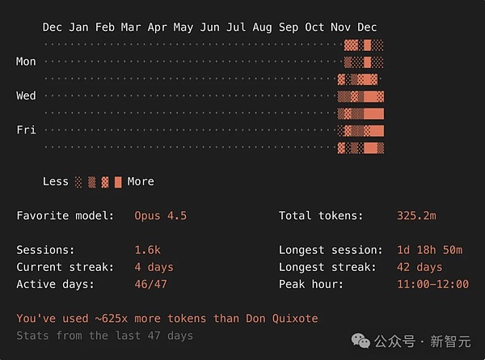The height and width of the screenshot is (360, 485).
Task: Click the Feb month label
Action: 104,28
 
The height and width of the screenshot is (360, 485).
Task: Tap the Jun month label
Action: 209,28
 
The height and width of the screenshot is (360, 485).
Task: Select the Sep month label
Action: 288,28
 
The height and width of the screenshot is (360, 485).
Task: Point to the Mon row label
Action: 26,61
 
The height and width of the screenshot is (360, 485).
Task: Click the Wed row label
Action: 26,95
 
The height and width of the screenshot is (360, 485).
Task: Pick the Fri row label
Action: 26,129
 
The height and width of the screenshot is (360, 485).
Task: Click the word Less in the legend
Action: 56,181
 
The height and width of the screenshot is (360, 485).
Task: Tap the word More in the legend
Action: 140,181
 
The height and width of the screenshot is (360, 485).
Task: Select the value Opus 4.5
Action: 160,216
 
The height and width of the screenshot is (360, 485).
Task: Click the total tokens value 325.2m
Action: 416,216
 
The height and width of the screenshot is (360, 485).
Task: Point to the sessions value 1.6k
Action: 147,250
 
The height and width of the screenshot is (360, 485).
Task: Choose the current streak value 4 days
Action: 154,267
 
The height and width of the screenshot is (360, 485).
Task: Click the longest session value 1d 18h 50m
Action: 429,250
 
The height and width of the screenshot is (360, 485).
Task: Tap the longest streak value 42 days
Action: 420,267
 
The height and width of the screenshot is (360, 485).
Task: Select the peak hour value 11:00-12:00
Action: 432,284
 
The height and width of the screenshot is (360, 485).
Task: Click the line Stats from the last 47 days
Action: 104,335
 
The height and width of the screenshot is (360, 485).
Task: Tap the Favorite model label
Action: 59,216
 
